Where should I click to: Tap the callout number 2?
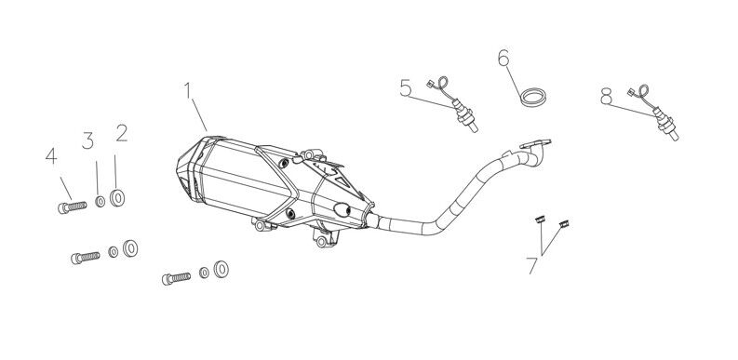click(x=121, y=133)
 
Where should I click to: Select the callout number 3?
click(x=89, y=140)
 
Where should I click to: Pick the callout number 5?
click(x=405, y=88)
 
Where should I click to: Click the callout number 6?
click(x=503, y=59)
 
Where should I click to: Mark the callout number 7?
click(x=531, y=265)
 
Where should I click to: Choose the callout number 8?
click(x=606, y=94)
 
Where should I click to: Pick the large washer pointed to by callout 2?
click(x=118, y=197)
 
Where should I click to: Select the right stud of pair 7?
click(x=562, y=222)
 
